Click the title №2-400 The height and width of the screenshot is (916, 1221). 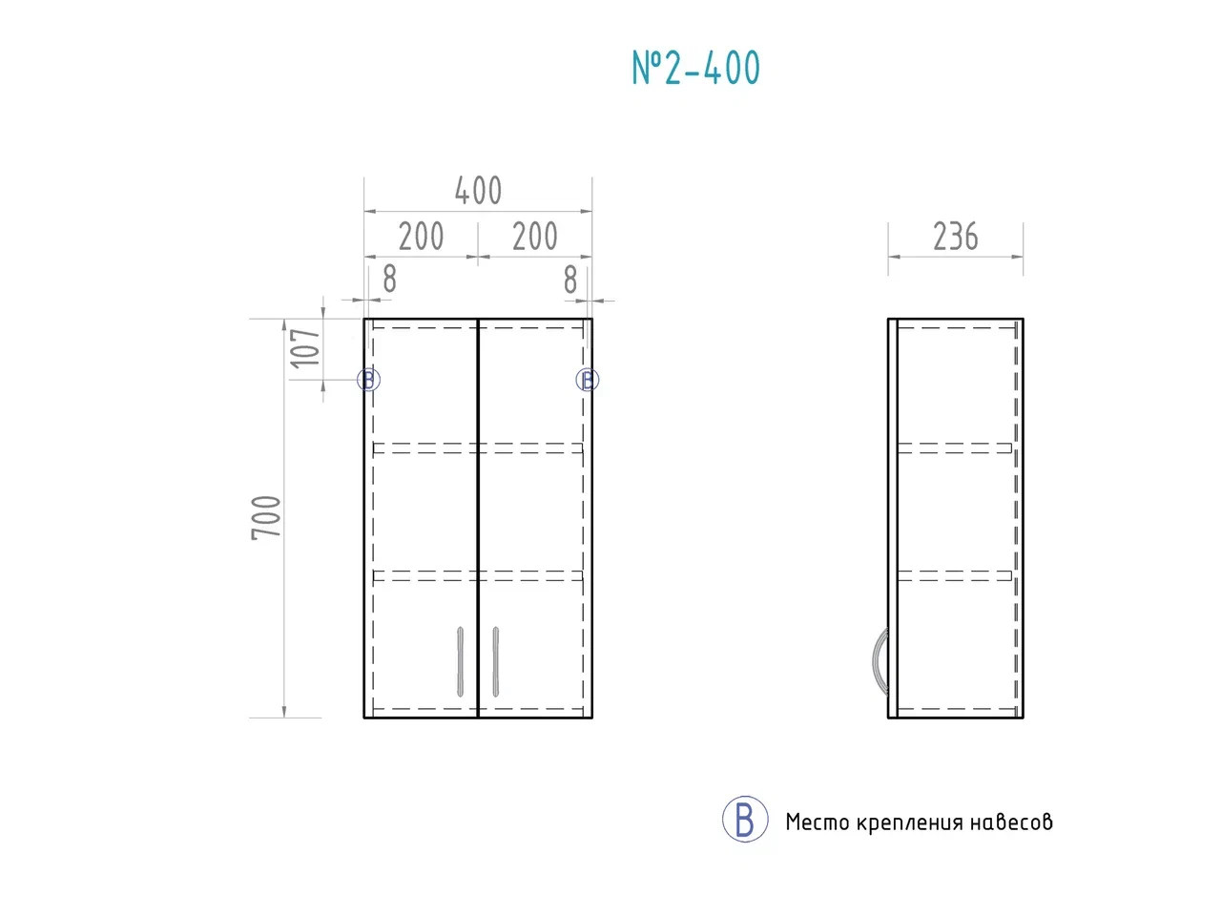pos(695,68)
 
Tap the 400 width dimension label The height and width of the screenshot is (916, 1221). pos(478,191)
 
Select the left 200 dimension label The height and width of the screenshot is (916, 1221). pos(421,237)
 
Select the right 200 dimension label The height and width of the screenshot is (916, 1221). pos(534,237)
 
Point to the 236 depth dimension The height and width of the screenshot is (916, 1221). pos(955,237)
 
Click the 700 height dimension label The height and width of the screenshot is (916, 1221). pos(266,517)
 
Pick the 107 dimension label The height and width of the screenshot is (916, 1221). pos(305,348)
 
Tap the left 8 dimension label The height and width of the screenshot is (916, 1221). pos(390,279)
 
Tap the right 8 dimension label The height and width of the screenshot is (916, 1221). pos(570,280)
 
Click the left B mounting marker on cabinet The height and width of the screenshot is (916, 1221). pos(368,380)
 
